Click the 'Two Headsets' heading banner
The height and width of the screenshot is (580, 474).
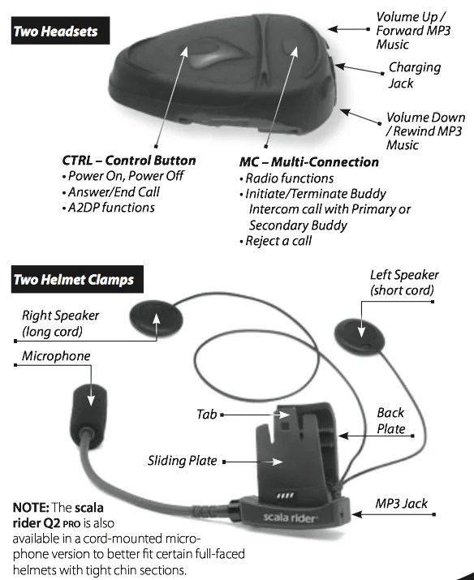(60, 30)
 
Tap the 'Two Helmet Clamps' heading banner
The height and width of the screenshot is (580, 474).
(77, 279)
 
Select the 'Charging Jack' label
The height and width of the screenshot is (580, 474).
(414, 75)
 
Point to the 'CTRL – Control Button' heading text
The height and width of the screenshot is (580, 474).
(129, 161)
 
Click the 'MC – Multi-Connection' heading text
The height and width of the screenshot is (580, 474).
(309, 162)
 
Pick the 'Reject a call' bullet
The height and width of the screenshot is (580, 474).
(276, 241)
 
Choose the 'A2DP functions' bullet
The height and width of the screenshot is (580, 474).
(109, 208)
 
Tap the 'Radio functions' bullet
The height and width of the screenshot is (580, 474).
(287, 178)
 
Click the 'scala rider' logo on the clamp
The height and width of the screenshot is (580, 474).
(290, 517)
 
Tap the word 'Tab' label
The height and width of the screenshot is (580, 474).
(206, 415)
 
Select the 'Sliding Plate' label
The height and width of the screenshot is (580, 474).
(182, 461)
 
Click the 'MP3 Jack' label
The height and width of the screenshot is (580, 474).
(402, 504)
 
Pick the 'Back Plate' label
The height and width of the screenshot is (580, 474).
(390, 421)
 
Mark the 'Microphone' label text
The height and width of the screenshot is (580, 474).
(56, 356)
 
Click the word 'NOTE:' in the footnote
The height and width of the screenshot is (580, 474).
(31, 507)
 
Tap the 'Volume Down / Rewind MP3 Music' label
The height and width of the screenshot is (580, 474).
(424, 131)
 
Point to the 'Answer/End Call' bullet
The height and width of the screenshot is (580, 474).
(110, 192)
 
